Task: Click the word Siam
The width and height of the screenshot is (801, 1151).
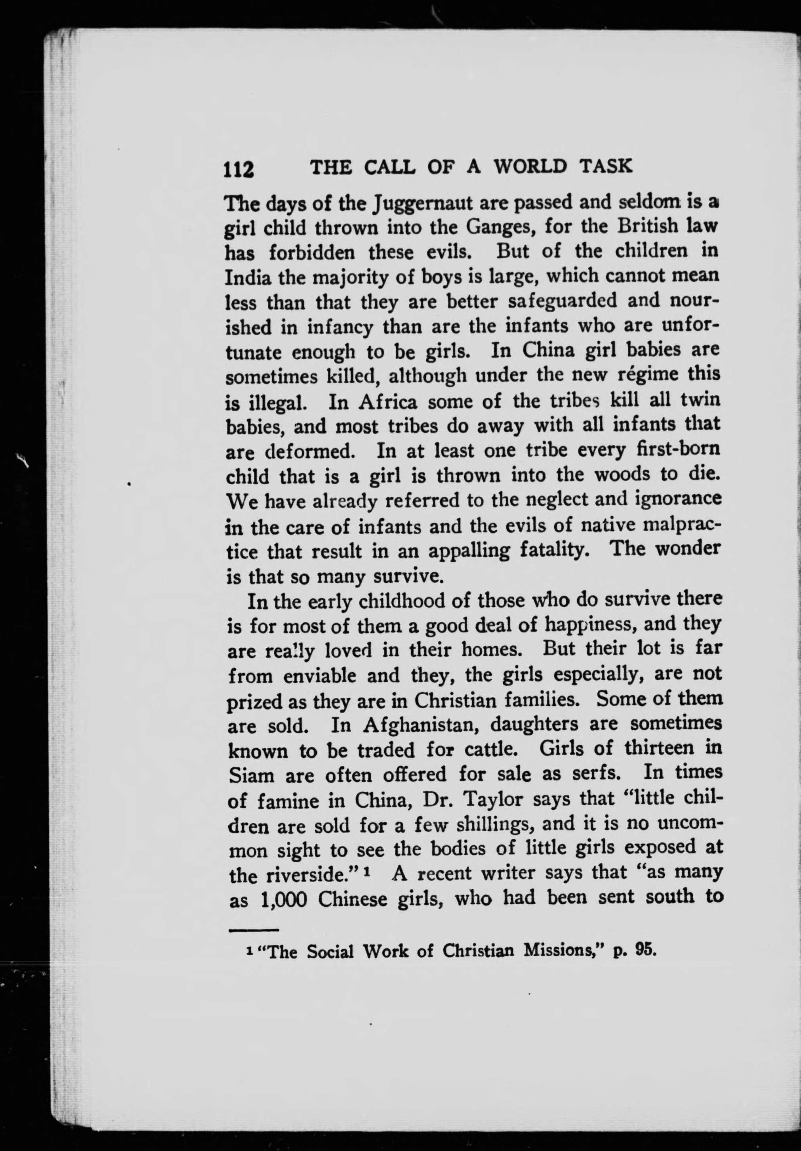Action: point(251,776)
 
